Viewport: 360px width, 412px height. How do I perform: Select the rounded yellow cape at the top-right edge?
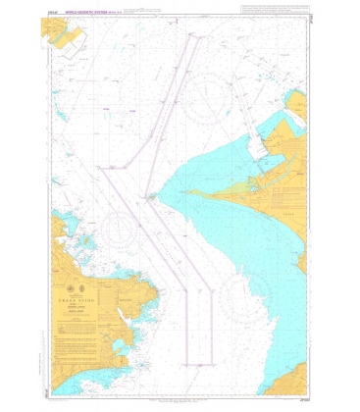298,103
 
